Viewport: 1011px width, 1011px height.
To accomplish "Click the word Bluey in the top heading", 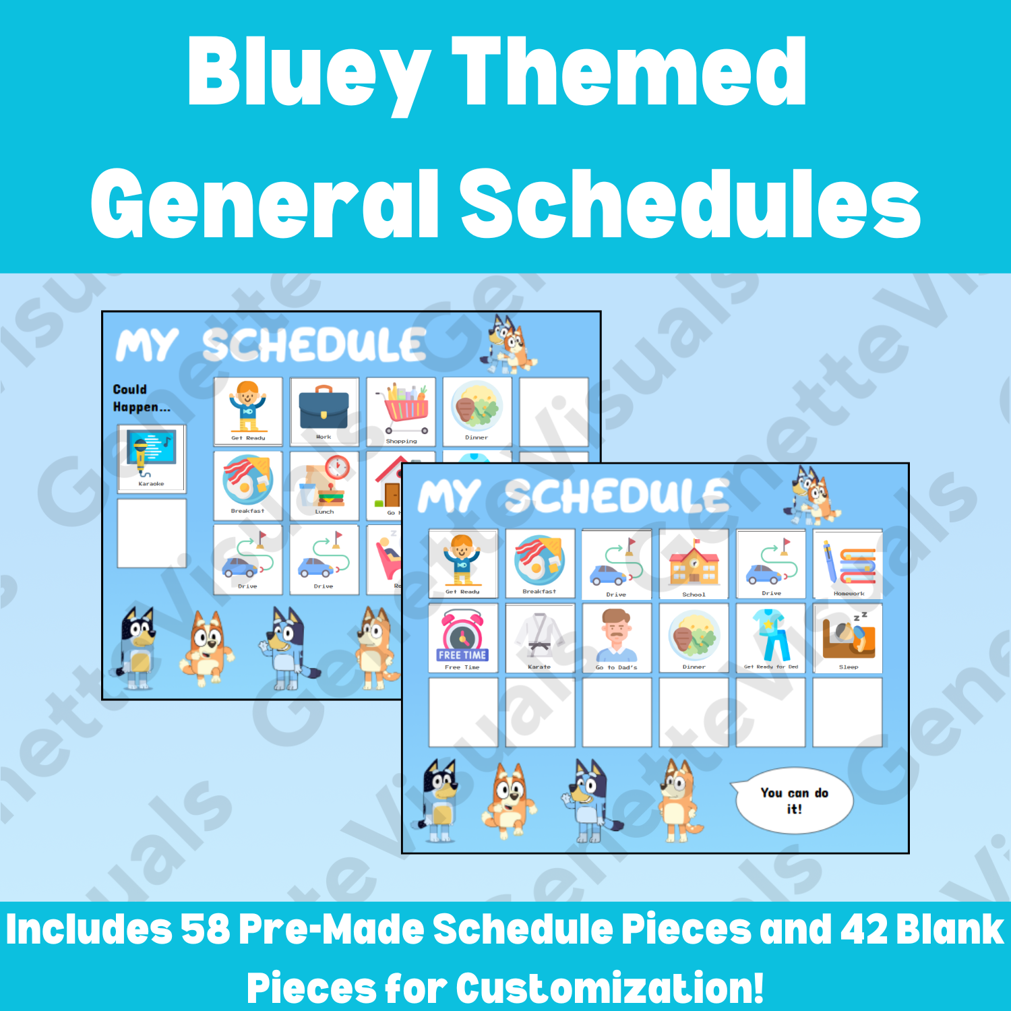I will pyautogui.click(x=307, y=73).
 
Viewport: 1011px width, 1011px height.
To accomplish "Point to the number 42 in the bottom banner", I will pyautogui.click(x=869, y=929).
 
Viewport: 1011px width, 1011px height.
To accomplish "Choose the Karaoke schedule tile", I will pyautogui.click(x=152, y=458).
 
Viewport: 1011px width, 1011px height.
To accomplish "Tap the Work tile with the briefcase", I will pyautogui.click(x=324, y=411).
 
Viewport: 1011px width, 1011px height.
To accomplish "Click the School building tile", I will pyautogui.click(x=694, y=564).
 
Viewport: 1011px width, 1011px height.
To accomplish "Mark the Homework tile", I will pyautogui.click(x=848, y=564).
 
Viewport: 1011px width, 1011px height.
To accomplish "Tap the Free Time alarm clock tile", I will pyautogui.click(x=462, y=638).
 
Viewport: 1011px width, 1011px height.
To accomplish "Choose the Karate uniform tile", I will pyautogui.click(x=539, y=638).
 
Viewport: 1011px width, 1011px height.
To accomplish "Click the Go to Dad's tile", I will pyautogui.click(x=616, y=638).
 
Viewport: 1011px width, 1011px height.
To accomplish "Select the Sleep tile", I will pyautogui.click(x=848, y=638).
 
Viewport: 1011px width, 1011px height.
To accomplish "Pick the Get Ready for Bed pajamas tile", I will pyautogui.click(x=770, y=638).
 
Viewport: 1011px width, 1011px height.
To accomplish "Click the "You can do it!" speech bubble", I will pyautogui.click(x=793, y=801).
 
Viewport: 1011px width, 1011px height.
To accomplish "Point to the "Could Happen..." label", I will pyautogui.click(x=141, y=398).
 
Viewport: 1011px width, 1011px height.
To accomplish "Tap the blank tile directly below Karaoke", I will pyautogui.click(x=152, y=533).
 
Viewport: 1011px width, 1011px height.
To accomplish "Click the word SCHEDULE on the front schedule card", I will pyautogui.click(x=617, y=497).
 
